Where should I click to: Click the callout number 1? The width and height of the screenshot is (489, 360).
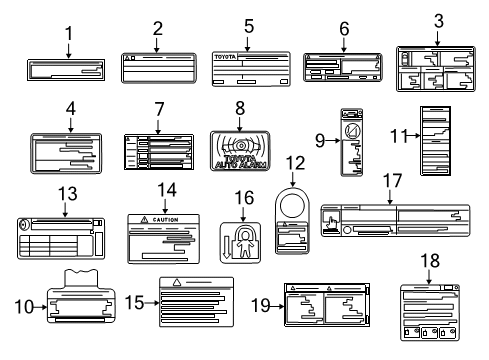[x=68, y=33]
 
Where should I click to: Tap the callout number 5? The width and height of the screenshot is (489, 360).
[x=249, y=25]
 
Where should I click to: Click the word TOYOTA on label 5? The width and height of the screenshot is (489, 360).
[x=229, y=59]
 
